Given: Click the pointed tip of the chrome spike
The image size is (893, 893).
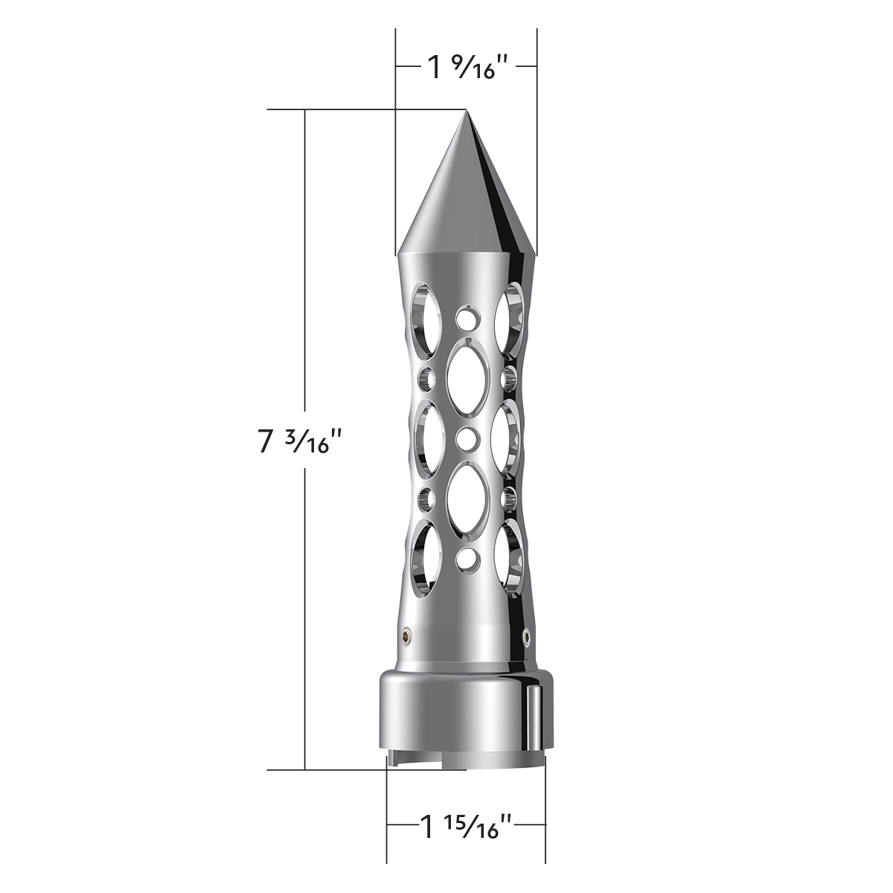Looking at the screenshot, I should (467, 113).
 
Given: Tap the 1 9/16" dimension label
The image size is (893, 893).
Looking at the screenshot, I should (467, 68).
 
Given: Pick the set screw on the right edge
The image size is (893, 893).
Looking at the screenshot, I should (527, 634).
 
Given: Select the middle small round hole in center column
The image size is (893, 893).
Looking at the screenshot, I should (467, 438).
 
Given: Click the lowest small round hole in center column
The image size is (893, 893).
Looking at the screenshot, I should (467, 558).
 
